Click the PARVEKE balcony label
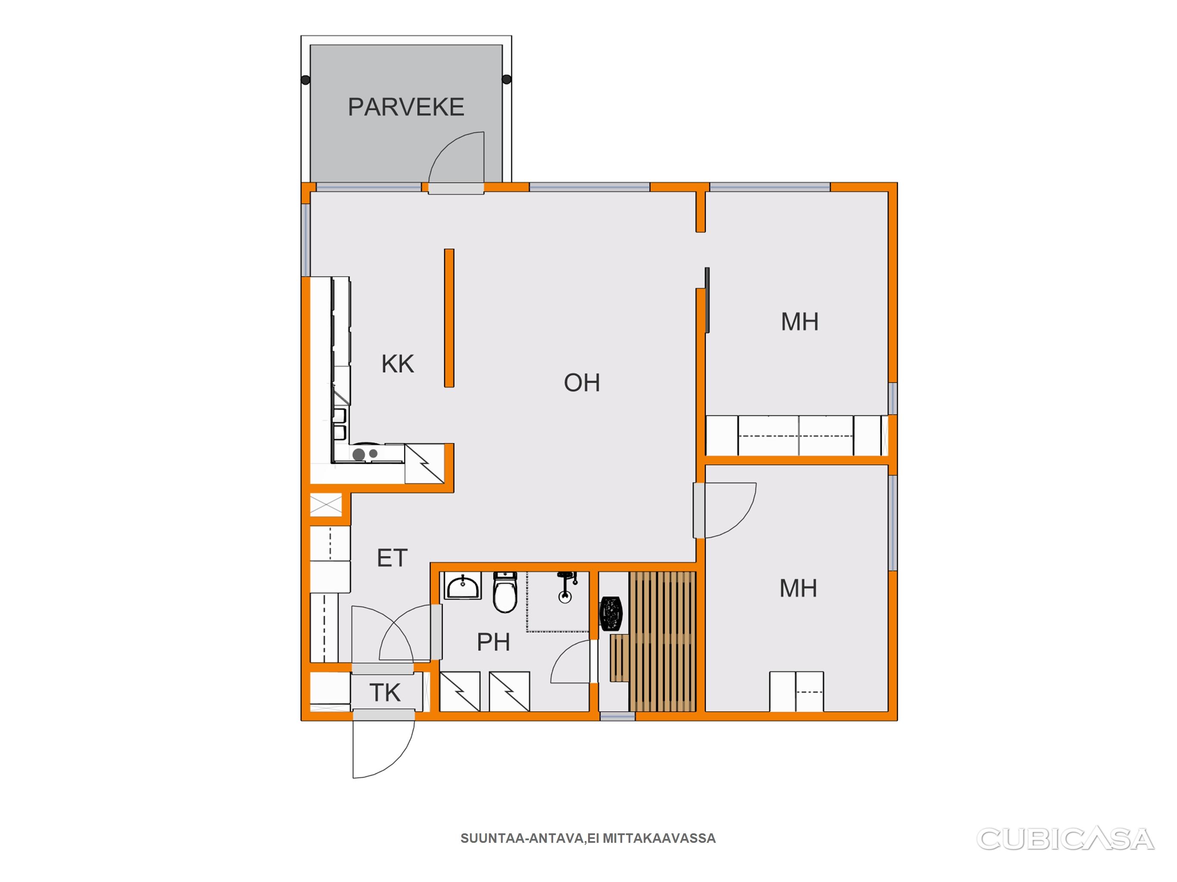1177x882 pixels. click(x=406, y=107)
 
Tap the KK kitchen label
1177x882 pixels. click(x=398, y=364)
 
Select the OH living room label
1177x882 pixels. click(x=582, y=383)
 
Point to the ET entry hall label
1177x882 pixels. click(x=392, y=558)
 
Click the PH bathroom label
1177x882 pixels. click(x=493, y=642)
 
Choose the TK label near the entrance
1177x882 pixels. click(x=385, y=693)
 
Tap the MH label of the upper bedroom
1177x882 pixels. click(x=800, y=322)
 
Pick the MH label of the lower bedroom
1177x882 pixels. click(x=798, y=589)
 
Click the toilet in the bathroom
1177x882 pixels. click(x=504, y=592)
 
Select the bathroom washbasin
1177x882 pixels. click(x=462, y=585)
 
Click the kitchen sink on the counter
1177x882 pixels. click(x=339, y=422)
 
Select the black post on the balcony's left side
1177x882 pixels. click(x=305, y=80)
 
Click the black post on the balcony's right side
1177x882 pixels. click(x=507, y=80)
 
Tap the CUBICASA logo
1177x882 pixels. click(x=1065, y=839)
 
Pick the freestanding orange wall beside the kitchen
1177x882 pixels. click(x=449, y=318)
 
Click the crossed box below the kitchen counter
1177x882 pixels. click(x=326, y=505)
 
